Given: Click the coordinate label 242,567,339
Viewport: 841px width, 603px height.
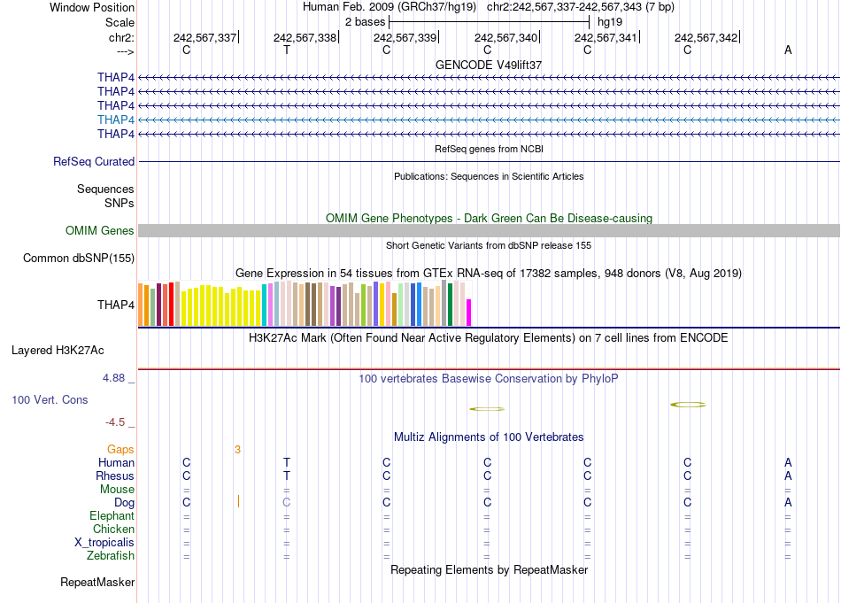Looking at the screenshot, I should pyautogui.click(x=405, y=37).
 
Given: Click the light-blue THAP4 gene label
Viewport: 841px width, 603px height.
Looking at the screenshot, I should pyautogui.click(x=116, y=120).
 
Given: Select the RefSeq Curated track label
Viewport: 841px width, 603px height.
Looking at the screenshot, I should pyautogui.click(x=94, y=162).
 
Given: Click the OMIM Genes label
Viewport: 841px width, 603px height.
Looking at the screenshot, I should pyautogui.click(x=100, y=231).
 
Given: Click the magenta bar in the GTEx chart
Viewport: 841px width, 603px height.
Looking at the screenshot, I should pyautogui.click(x=469, y=313).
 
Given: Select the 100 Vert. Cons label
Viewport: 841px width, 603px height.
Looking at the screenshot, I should pyautogui.click(x=50, y=400).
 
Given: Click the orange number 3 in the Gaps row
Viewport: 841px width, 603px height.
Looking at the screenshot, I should pyautogui.click(x=237, y=450).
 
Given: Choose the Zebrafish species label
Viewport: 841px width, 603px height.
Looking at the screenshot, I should pyautogui.click(x=111, y=556).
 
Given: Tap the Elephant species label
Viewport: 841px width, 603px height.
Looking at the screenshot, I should pyautogui.click(x=112, y=516).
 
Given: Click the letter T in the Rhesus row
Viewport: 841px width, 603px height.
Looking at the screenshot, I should pyautogui.click(x=286, y=476).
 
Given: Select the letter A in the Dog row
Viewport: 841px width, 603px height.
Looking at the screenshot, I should pyautogui.click(x=788, y=503).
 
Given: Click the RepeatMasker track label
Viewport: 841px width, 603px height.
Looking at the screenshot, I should pyautogui.click(x=97, y=583).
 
